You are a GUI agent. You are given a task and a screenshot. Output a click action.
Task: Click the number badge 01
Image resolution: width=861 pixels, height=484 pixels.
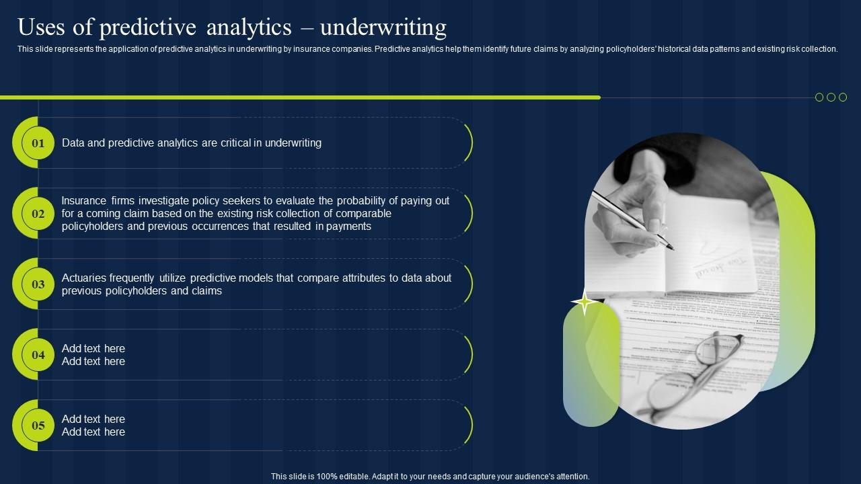(38, 143)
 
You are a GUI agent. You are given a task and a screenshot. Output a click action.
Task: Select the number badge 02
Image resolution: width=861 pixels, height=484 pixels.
(38, 214)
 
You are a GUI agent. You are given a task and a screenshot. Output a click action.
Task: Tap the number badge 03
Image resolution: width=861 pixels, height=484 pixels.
(38, 284)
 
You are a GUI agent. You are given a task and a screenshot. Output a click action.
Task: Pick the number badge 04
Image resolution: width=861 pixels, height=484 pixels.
(38, 355)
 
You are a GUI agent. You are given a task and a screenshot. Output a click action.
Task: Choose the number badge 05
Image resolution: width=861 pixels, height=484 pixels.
(38, 426)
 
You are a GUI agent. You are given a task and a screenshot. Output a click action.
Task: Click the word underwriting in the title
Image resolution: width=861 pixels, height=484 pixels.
(383, 28)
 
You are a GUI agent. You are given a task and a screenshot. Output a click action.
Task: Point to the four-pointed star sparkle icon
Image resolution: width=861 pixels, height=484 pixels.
(585, 303)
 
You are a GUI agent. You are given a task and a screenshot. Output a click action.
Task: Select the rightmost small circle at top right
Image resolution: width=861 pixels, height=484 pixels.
(843, 97)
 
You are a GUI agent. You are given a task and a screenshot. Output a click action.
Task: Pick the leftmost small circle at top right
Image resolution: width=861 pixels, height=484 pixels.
(819, 97)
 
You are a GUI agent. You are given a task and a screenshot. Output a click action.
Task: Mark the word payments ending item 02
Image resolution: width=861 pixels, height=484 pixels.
(348, 227)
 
